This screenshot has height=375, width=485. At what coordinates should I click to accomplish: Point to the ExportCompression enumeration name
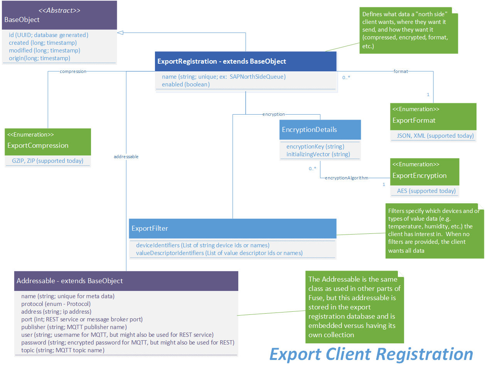pos(38,145)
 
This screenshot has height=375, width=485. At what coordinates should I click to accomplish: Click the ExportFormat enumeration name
pos(414,120)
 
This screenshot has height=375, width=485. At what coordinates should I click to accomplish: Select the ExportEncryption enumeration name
pos(419,176)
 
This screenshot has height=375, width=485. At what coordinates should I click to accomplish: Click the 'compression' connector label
pos(73,71)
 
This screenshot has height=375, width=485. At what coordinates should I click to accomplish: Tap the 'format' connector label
pos(401,71)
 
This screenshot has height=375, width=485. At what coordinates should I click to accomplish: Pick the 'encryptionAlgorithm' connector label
pos(346,178)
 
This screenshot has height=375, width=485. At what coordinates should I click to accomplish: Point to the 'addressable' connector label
pos(126,157)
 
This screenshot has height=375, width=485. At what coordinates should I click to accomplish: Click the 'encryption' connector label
pos(274,114)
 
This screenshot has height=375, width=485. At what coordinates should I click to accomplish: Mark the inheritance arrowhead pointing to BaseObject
pos(120,33)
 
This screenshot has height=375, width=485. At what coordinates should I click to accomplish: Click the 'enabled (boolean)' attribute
pos(186,84)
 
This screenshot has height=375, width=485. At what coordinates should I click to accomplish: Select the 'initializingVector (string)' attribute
pos(318,154)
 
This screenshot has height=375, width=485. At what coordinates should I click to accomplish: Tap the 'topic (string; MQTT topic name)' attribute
pos(63,350)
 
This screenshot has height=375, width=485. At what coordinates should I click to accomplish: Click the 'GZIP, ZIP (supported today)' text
pos(47,161)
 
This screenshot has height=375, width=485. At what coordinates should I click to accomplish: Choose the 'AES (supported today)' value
pos(426,191)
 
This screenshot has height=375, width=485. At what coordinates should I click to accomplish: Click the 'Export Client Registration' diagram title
pos(371,354)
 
